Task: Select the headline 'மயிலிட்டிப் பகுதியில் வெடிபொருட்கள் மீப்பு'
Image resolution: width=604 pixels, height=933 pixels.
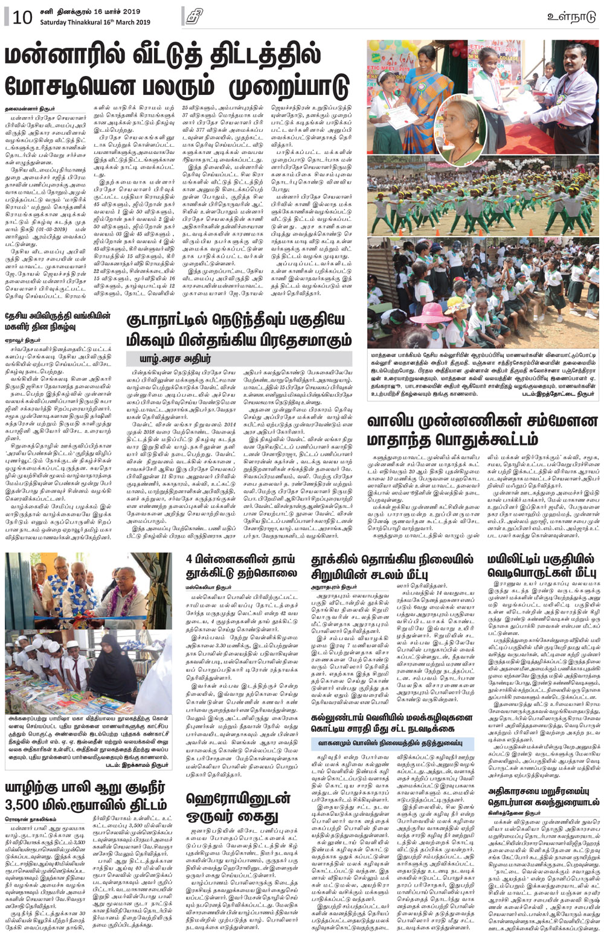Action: point(541,566)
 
